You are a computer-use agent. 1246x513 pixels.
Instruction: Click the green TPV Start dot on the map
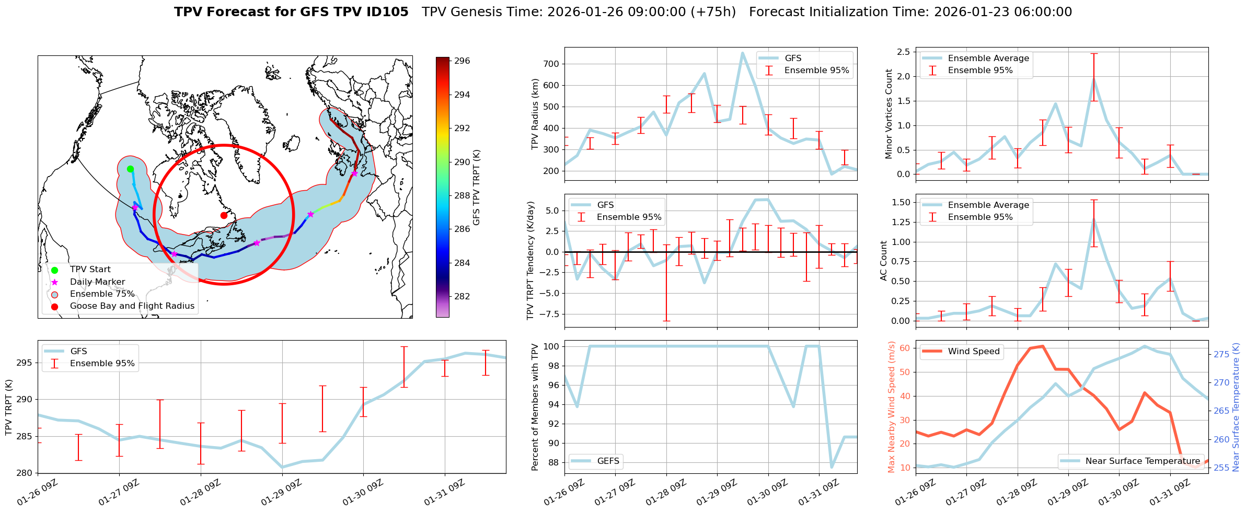pos(130,169)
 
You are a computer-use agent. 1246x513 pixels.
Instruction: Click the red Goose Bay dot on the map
pos(224,215)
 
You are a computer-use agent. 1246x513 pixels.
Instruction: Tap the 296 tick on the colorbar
pos(462,61)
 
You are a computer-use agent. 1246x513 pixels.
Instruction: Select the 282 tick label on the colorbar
pos(462,297)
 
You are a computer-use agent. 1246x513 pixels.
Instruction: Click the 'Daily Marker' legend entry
pos(97,282)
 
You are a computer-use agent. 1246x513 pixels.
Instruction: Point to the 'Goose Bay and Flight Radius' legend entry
pos(132,306)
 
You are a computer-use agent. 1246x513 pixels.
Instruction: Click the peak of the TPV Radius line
pos(742,53)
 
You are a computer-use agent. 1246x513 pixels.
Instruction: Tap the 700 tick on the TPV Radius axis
pos(552,64)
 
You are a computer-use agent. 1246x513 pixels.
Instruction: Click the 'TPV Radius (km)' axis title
pos(535,114)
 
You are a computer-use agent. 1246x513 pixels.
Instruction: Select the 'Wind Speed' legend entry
pos(973,352)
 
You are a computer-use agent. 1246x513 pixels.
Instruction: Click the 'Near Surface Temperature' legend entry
pos(1143,461)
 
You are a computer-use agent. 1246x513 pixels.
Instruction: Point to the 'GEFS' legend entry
pos(608,461)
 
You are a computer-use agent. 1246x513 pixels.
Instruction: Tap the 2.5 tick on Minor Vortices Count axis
pos(903,52)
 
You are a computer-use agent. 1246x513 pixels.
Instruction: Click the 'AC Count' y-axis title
pos(884,261)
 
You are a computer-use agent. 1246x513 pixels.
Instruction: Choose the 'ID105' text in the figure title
pos(387,12)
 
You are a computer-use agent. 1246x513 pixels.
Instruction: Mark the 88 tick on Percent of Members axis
pos(552,463)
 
